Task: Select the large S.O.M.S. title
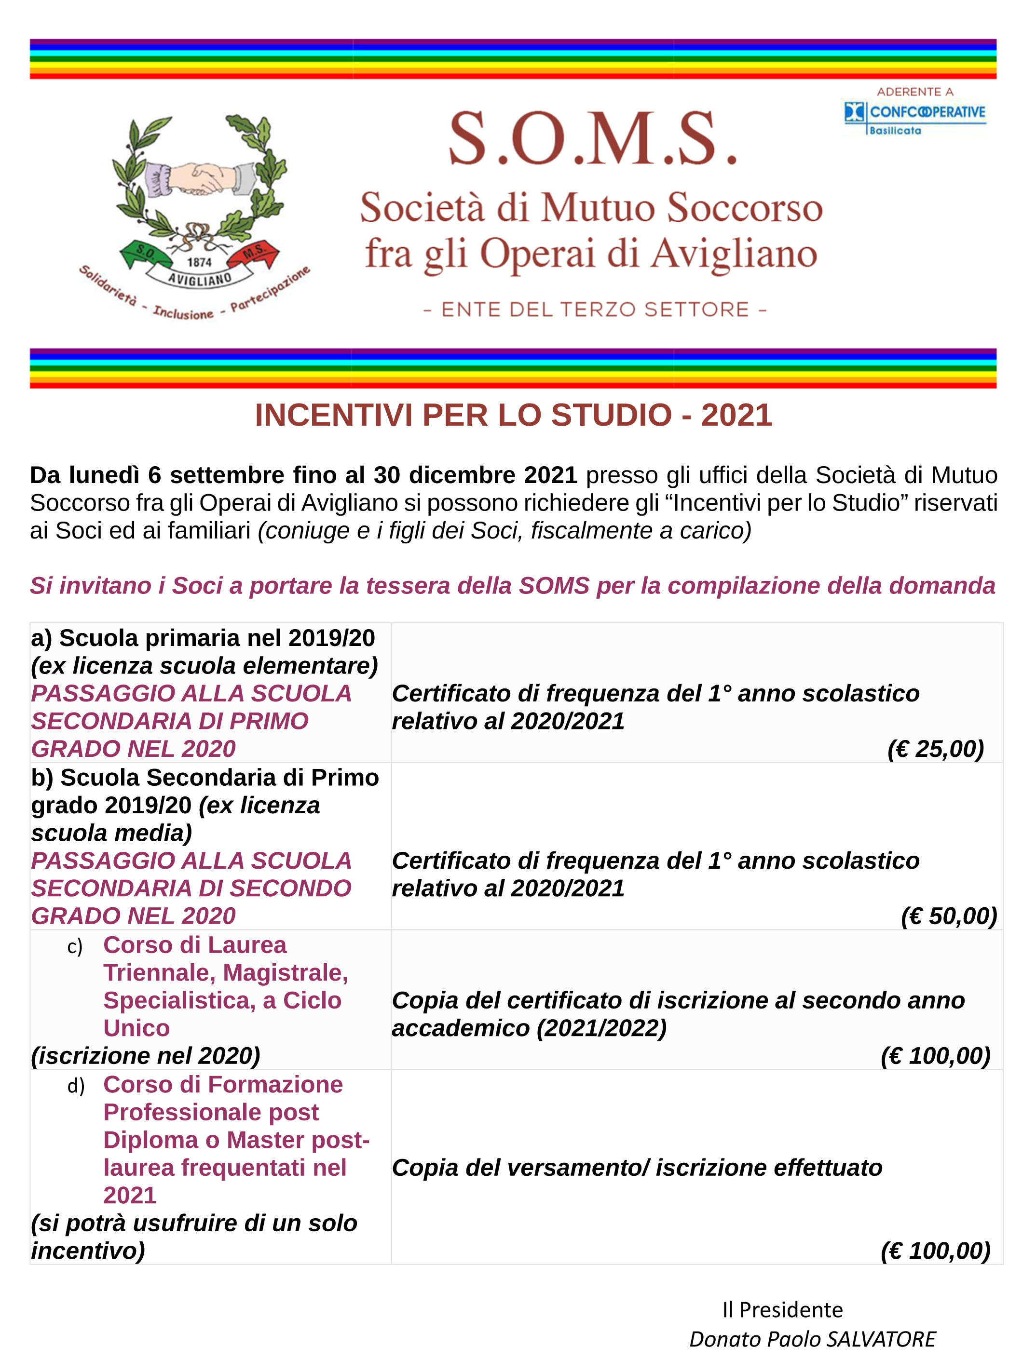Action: [592, 139]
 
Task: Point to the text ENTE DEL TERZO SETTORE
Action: [595, 309]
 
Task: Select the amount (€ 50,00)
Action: [948, 916]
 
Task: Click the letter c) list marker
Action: [75, 947]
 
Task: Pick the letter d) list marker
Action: [76, 1087]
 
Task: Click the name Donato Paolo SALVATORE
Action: [812, 1339]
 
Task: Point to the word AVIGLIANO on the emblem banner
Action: [200, 279]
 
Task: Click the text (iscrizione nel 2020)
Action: [146, 1056]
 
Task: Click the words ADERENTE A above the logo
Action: [915, 92]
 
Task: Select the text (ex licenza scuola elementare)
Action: [204, 666]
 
